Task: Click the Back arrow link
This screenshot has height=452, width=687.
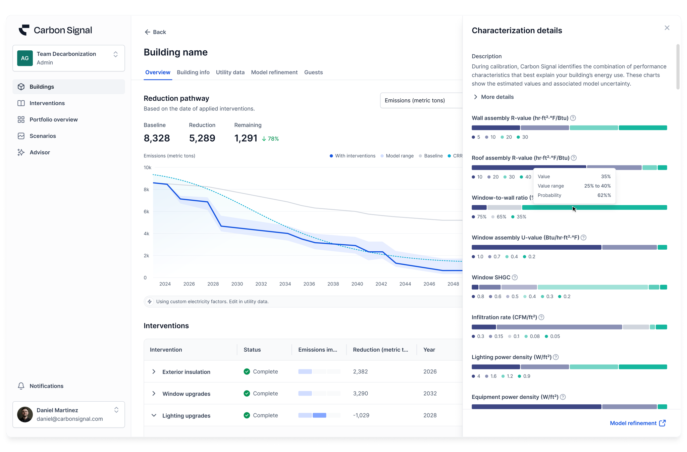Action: [155, 32]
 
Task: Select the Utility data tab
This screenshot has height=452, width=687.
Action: [230, 72]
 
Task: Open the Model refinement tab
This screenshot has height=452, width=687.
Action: [274, 72]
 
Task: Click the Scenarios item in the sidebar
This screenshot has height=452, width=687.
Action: [43, 136]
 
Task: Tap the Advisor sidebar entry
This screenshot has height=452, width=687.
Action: [40, 152]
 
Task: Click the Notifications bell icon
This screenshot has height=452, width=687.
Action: [21, 386]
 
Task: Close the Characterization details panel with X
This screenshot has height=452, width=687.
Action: [667, 28]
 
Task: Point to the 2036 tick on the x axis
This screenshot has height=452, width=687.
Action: [309, 284]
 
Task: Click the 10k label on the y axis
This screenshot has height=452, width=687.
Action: [148, 167]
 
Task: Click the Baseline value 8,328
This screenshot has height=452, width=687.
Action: [157, 138]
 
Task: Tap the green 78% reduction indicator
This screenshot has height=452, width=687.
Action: [270, 139]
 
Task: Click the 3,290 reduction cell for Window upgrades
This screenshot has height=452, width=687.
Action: [360, 393]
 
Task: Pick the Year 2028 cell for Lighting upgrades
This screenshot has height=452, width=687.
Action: [430, 415]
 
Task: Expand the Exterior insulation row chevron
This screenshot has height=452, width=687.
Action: [154, 372]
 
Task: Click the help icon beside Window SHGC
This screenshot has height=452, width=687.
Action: [515, 278]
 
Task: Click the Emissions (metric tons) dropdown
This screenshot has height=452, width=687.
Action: [421, 100]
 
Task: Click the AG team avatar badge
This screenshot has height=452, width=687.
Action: [25, 58]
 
